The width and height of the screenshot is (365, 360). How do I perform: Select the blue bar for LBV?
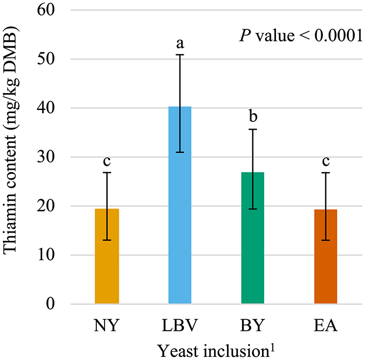(x=180, y=205)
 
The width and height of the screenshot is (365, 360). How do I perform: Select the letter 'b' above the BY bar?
(x=253, y=117)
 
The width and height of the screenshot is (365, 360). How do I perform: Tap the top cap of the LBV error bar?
(x=180, y=55)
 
